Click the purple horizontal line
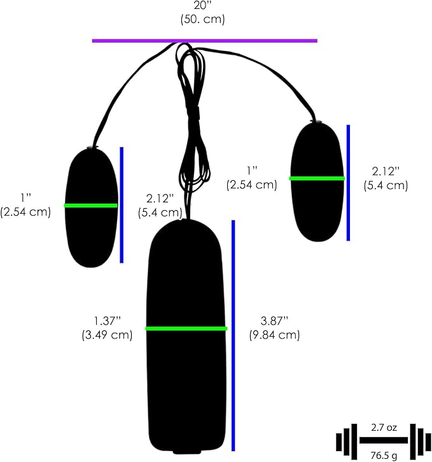click(x=205, y=41)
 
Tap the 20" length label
click(x=202, y=5)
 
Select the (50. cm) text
click(x=202, y=19)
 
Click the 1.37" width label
click(x=108, y=321)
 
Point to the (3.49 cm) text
click(x=107, y=335)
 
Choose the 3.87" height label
click(x=274, y=321)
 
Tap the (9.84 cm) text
click(x=274, y=335)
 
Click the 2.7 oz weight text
click(x=384, y=428)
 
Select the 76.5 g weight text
click(x=384, y=455)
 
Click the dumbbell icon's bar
click(x=384, y=440)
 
